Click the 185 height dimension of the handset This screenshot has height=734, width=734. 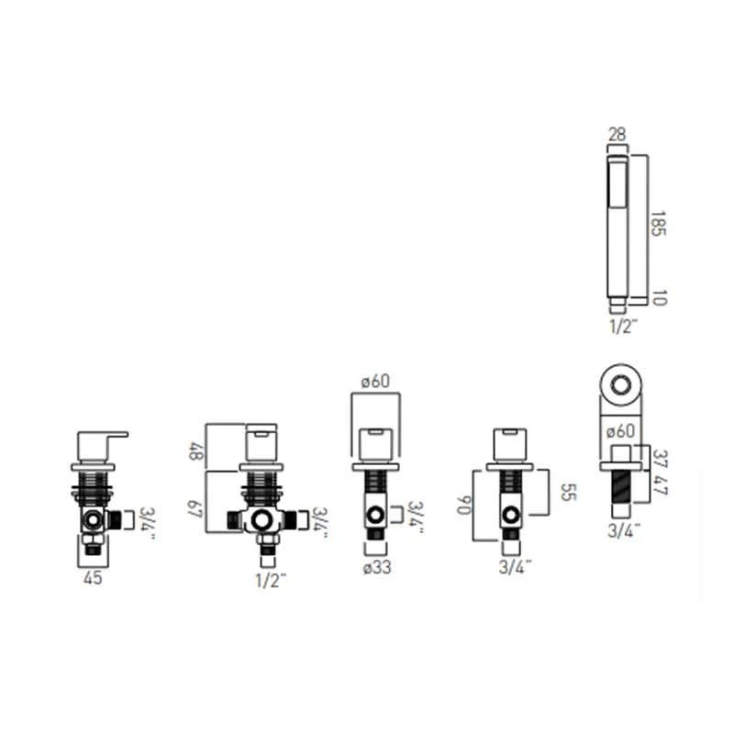(x=658, y=223)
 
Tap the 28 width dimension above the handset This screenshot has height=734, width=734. (x=617, y=135)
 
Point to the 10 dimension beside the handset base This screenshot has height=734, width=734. (x=659, y=297)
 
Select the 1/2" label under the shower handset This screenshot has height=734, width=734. (x=623, y=326)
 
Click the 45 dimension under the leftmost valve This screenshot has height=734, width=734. (x=93, y=578)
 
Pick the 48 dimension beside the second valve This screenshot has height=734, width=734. (x=196, y=451)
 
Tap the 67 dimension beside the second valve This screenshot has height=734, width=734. (x=195, y=509)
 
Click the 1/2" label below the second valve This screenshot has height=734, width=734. (x=270, y=581)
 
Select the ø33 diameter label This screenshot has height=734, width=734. (x=377, y=568)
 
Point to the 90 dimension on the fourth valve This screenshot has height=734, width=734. (x=465, y=505)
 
